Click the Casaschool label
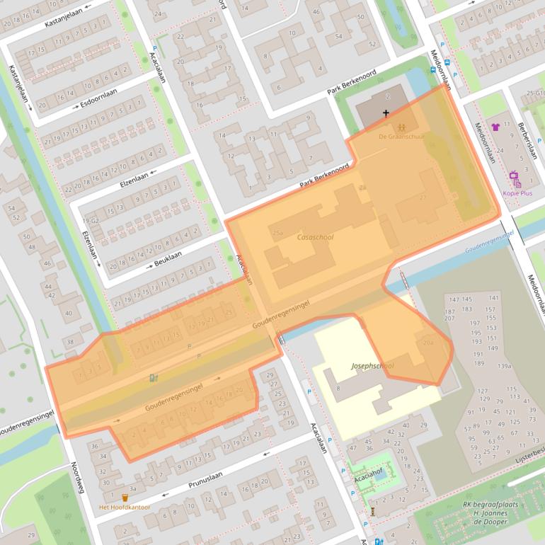tap(315, 239)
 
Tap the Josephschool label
tap(372, 366)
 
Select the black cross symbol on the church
tap(386, 113)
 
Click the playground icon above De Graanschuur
tap(401, 127)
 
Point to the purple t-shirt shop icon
tap(495, 127)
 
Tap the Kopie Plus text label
tap(517, 193)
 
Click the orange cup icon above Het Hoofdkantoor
tap(125, 498)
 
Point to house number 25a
tap(277, 232)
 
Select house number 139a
tap(504, 366)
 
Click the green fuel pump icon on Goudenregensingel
tap(154, 378)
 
